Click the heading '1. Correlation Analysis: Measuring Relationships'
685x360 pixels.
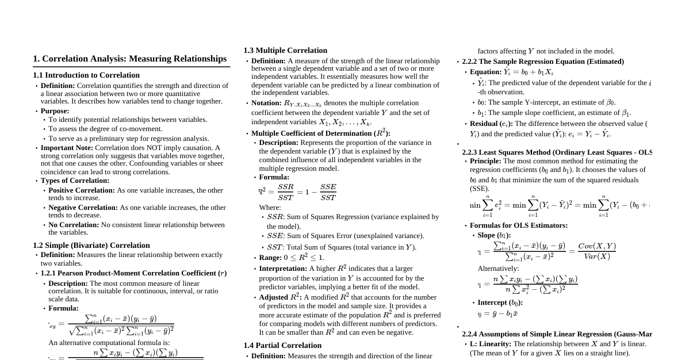(x=129, y=59)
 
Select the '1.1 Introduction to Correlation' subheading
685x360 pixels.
(x=86, y=75)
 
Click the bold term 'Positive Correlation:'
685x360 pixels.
(x=82, y=190)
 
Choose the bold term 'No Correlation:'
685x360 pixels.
(x=74, y=225)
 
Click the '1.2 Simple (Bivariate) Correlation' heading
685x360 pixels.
(x=91, y=246)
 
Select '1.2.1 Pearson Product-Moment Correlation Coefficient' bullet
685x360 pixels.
(x=133, y=273)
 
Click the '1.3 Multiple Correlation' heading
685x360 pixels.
(x=285, y=51)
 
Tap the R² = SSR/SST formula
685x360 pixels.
(x=297, y=192)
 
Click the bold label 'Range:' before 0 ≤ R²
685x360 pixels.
(x=270, y=258)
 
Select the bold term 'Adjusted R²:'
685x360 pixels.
(x=280, y=297)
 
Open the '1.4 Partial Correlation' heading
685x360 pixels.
(x=282, y=346)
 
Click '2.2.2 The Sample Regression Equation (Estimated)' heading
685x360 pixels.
(x=542, y=62)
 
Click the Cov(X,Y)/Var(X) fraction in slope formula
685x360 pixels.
(x=596, y=251)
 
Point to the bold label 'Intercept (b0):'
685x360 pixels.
(x=500, y=302)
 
